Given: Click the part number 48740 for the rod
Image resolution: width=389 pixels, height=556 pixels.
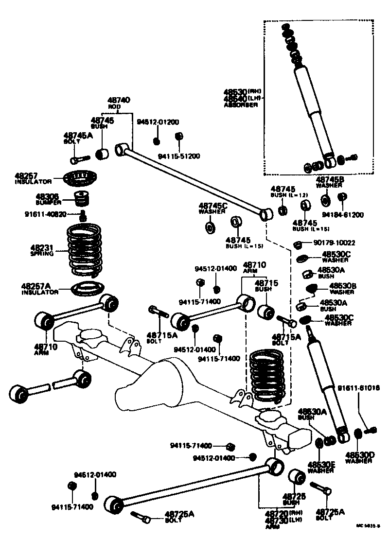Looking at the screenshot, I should tap(120, 100).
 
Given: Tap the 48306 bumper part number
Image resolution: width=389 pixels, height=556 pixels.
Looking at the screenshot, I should tap(47, 197).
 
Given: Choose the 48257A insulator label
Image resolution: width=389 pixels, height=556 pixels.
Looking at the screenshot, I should tap(39, 286).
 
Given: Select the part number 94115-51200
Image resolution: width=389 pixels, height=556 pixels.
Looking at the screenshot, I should tap(179, 156).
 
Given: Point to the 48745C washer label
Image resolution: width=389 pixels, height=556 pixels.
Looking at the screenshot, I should tap(213, 205).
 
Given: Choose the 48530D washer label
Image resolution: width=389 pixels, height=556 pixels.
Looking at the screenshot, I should tap(359, 455).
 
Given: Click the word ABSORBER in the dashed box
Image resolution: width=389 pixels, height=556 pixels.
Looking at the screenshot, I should tap(241, 104).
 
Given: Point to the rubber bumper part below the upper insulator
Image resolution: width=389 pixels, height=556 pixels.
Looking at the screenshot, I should tap(82, 199).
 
